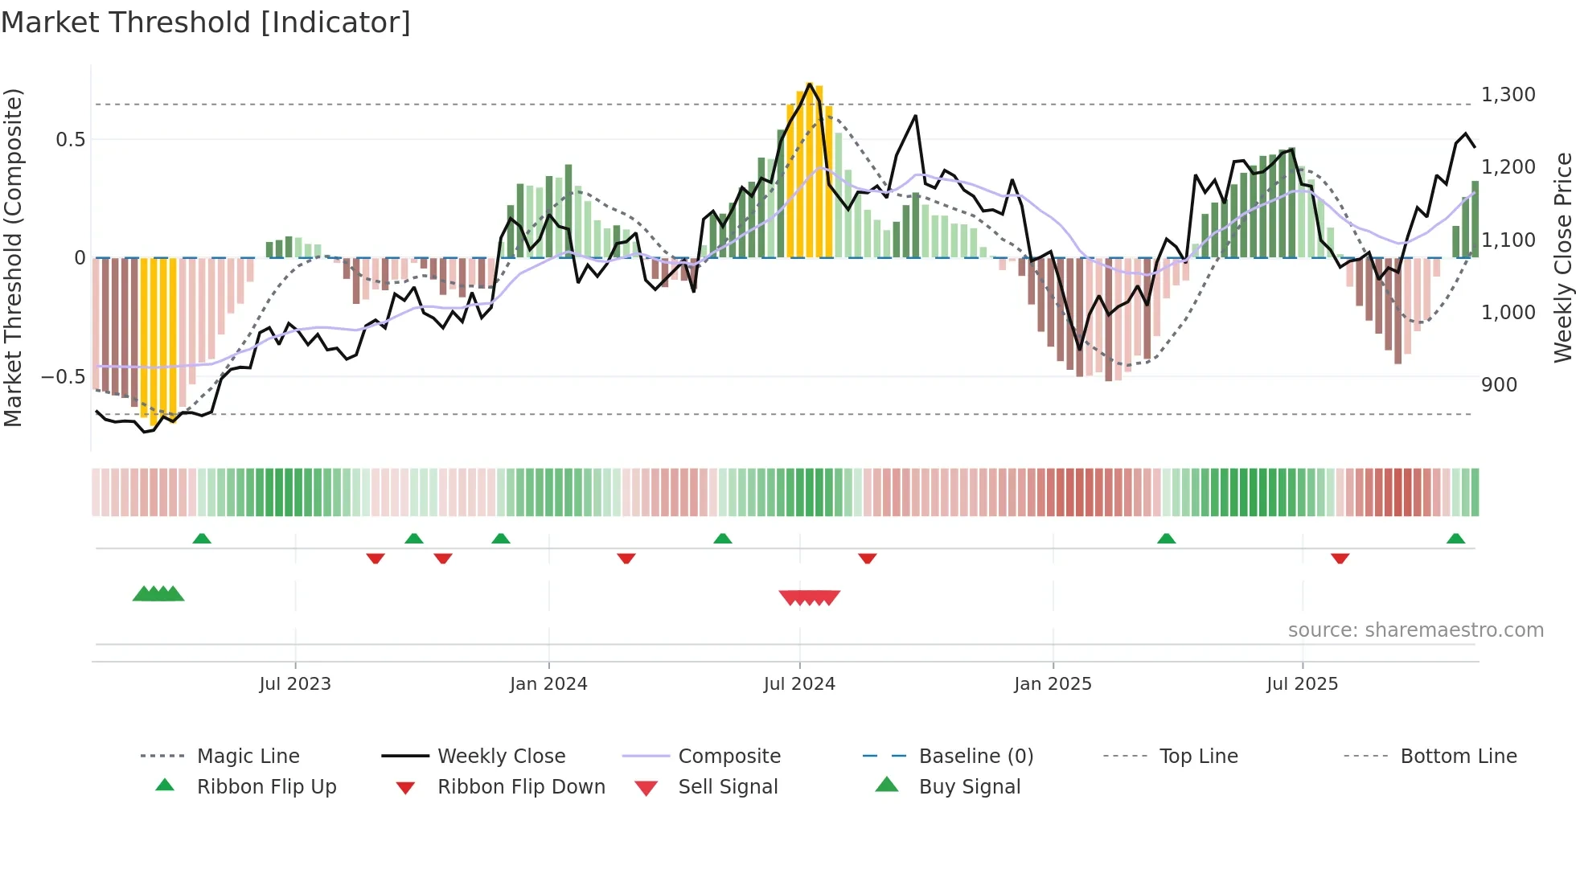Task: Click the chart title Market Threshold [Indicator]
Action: pyautogui.click(x=206, y=23)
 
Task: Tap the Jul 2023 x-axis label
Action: pyautogui.click(x=295, y=684)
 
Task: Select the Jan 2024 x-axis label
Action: pyautogui.click(x=548, y=684)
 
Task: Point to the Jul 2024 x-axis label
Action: pyautogui.click(x=799, y=684)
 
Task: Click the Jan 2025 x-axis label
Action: pyautogui.click(x=1053, y=684)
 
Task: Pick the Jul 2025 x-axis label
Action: pyautogui.click(x=1302, y=684)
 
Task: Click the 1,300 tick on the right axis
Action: pyautogui.click(x=1508, y=95)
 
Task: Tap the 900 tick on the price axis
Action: pyautogui.click(x=1499, y=385)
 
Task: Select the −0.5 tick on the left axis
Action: pyautogui.click(x=64, y=377)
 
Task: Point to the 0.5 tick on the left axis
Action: pyautogui.click(x=70, y=140)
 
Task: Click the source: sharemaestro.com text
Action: pyautogui.click(x=1415, y=630)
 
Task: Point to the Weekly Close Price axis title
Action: pyautogui.click(x=1562, y=257)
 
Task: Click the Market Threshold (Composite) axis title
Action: pyautogui.click(x=13, y=257)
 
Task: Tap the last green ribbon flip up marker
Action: pyautogui.click(x=1455, y=539)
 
